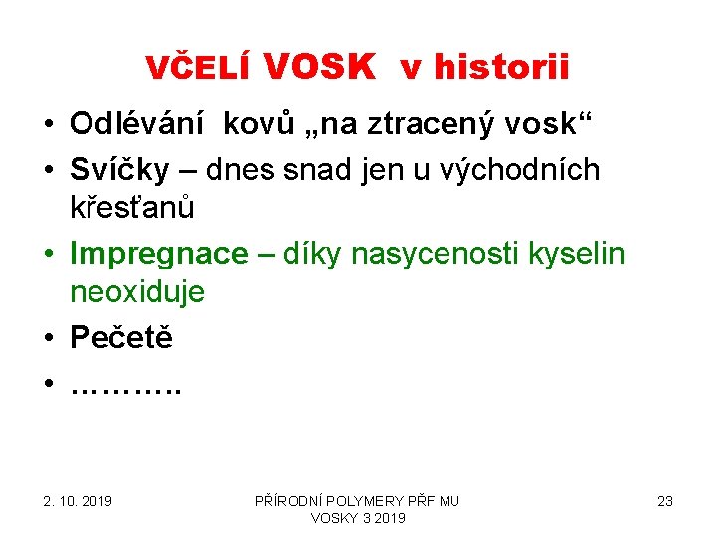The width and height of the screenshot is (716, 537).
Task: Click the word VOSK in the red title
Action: click(x=319, y=66)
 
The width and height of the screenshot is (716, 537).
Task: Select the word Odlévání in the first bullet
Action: click(x=138, y=124)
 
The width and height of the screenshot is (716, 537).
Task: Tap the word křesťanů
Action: click(x=132, y=208)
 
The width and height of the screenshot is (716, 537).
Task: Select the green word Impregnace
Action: click(x=158, y=254)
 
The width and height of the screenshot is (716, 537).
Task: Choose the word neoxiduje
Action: click(x=137, y=291)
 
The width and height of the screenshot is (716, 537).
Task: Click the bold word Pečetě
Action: click(x=121, y=337)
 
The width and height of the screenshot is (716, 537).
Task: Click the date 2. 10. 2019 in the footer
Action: click(x=78, y=501)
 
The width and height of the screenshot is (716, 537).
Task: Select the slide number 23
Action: click(x=665, y=501)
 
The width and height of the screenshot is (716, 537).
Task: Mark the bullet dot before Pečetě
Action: click(x=48, y=338)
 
